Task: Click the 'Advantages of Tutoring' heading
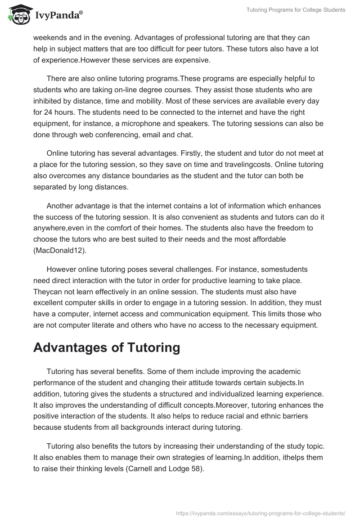point(107,347)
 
